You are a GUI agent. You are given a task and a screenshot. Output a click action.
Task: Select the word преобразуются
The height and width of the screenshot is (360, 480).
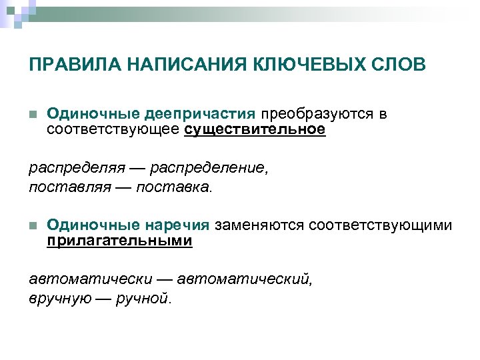click(315, 114)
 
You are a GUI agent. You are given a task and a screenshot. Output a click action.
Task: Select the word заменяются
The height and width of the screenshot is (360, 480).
click(260, 226)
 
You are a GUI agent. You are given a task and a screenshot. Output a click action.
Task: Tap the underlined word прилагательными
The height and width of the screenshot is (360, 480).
click(120, 241)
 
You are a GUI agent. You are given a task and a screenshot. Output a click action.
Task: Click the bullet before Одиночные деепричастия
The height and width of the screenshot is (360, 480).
click(32, 114)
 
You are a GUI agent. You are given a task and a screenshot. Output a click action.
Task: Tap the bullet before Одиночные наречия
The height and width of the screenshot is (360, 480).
click(32, 226)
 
